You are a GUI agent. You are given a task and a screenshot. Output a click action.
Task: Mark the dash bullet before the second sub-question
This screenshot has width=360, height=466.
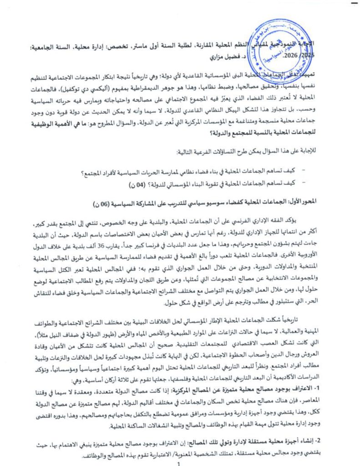click(x=304, y=183)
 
